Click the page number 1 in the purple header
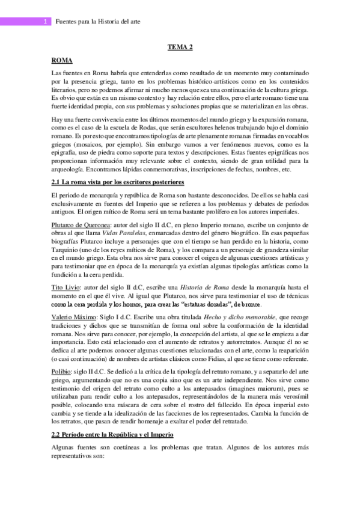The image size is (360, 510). click(46, 22)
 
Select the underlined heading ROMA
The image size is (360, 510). click(63, 60)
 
